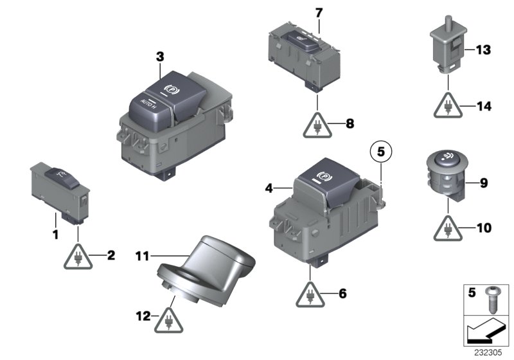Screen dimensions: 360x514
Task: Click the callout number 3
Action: (x=160, y=57)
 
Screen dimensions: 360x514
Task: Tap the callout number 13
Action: (x=483, y=50)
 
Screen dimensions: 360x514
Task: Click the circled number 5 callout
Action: (x=380, y=153)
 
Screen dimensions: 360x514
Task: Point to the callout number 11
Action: (x=142, y=256)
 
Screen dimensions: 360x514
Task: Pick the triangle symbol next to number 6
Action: (x=310, y=295)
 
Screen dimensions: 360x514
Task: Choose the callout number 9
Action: (x=483, y=183)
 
